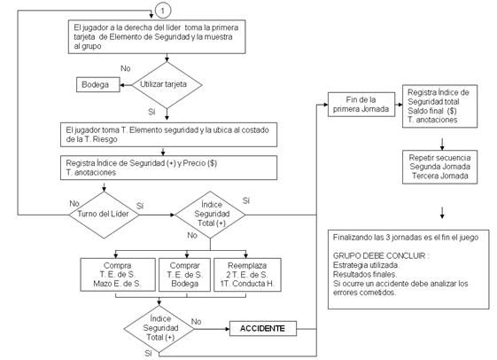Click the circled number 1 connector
(163, 11)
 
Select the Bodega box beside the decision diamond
(98, 85)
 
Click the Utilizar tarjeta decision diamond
(167, 85)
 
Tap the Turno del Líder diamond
(104, 215)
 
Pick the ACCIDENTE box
(263, 329)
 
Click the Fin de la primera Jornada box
(361, 105)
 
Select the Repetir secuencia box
(439, 167)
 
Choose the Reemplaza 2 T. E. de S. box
(247, 275)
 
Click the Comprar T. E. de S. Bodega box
(184, 275)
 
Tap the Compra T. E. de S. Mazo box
(118, 275)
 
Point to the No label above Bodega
(126, 68)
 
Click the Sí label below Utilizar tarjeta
(151, 112)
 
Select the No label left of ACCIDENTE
(196, 322)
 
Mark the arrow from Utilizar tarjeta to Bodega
(126, 85)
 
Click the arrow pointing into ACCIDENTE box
(212, 329)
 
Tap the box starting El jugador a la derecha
(157, 36)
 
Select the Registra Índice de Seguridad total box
(439, 106)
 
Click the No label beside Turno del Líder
(74, 203)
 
